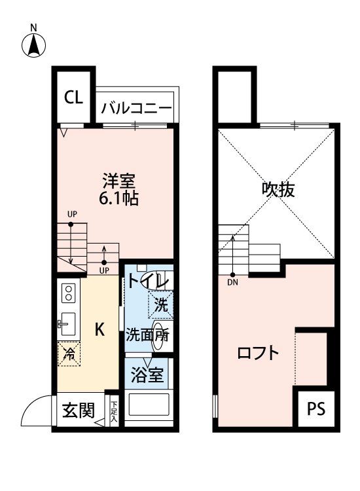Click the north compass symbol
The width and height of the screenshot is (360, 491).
point(34,45)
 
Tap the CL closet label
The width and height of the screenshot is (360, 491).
point(73,98)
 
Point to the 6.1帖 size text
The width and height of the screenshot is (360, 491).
point(118,198)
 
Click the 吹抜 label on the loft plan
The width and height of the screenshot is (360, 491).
point(278,190)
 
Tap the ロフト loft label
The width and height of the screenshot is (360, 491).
point(258,354)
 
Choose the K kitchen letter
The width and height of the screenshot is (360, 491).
point(99,330)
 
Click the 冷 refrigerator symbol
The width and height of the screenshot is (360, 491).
point(68,354)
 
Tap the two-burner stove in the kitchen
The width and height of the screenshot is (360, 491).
point(67,294)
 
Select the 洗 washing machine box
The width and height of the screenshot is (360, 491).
point(160,304)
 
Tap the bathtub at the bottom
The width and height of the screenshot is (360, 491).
point(149,406)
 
